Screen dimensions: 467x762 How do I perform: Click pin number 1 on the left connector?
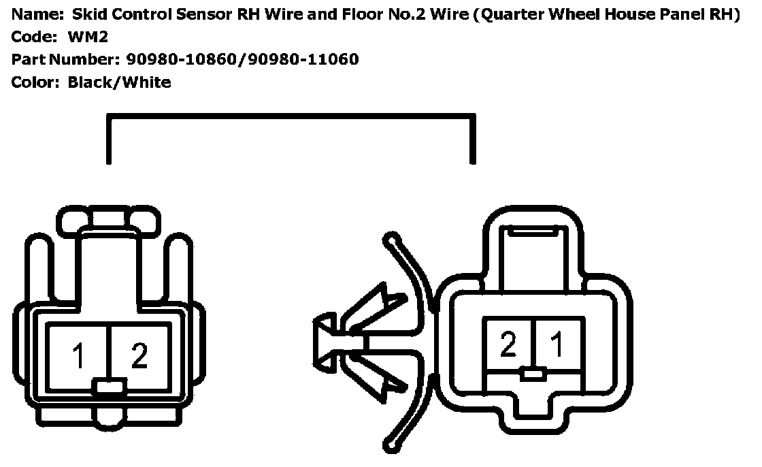click(79, 355)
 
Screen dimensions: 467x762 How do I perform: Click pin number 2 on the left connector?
click(139, 355)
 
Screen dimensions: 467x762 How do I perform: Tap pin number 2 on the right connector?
click(508, 346)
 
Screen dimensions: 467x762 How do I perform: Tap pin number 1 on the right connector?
click(557, 346)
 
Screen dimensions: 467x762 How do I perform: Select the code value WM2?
click(88, 37)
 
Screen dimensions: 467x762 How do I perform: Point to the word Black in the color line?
click(93, 82)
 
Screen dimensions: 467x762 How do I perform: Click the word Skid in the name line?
click(86, 15)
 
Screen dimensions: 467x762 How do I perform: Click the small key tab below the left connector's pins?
click(109, 387)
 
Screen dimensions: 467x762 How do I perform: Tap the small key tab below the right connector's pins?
click(534, 373)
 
